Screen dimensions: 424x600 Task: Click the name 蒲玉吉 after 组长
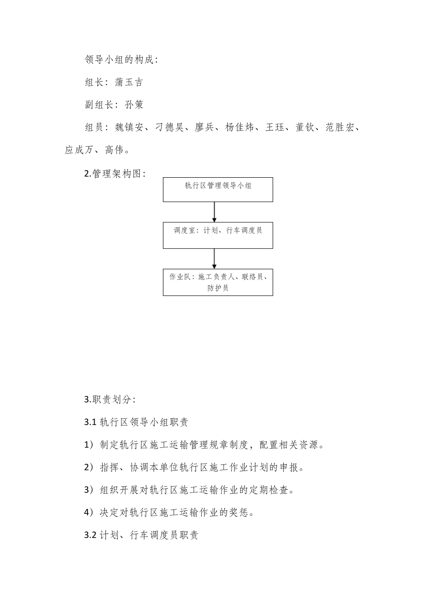[x=129, y=82]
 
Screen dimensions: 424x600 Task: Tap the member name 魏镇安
[x=129, y=128]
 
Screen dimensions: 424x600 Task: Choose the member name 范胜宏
[x=340, y=128]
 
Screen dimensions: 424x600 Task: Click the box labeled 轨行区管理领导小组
[x=218, y=189]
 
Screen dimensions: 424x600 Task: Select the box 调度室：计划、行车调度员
[x=218, y=235]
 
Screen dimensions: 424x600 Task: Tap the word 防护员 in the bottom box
[x=218, y=288]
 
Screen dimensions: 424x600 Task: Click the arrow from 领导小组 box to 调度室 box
[x=214, y=212]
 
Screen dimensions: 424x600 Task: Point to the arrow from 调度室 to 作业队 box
[x=214, y=258]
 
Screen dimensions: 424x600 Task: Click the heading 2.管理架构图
[x=115, y=174]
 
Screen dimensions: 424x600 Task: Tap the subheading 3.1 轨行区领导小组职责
[x=136, y=422]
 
